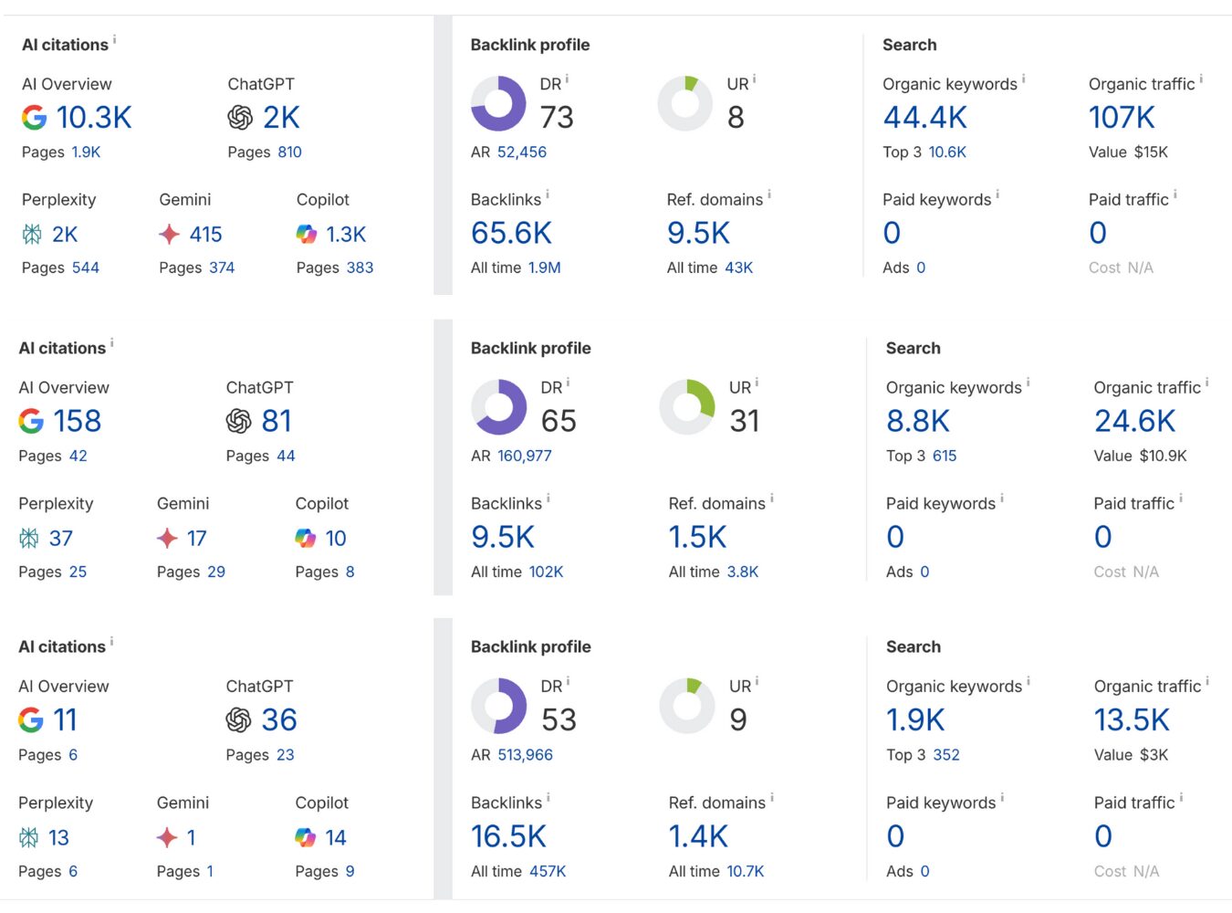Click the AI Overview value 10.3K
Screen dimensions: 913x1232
(94, 118)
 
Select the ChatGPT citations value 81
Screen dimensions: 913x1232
(277, 421)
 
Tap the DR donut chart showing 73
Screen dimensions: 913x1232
(498, 103)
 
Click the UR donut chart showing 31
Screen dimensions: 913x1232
(687, 407)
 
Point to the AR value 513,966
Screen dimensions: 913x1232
(525, 755)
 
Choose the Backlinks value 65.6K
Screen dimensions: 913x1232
(511, 234)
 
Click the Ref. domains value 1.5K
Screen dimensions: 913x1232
(697, 538)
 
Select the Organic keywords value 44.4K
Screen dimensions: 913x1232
(924, 118)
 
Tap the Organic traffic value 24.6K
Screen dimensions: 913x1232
(1134, 421)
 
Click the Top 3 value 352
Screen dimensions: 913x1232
(945, 755)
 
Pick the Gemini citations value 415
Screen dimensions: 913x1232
(205, 235)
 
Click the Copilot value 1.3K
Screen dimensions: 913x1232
(346, 235)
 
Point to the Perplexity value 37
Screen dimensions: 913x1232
(60, 539)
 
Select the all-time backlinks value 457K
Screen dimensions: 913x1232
(548, 872)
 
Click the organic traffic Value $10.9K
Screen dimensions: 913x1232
(1163, 456)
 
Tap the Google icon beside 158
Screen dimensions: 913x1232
(31, 421)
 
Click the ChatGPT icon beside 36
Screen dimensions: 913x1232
(239, 720)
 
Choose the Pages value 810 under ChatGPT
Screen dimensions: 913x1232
(289, 152)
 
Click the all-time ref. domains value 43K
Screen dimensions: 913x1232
(738, 268)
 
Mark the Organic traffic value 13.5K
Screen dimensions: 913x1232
(1132, 720)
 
